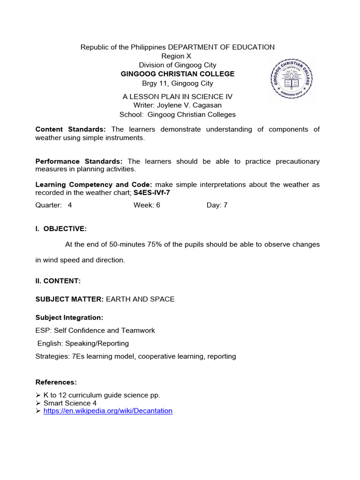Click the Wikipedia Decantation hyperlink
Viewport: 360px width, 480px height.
pyautogui.click(x=108, y=411)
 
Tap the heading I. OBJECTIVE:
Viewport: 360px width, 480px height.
pyautogui.click(x=61, y=229)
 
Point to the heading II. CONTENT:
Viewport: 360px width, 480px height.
pyautogui.click(x=58, y=281)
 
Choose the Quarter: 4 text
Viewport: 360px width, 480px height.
pyautogui.click(x=54, y=205)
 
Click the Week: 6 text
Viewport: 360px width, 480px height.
pyautogui.click(x=147, y=205)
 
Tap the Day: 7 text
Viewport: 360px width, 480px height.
pyautogui.click(x=217, y=205)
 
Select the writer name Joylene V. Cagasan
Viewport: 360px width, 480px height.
pyautogui.click(x=190, y=105)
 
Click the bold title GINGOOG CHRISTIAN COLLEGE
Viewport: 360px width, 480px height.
pyautogui.click(x=178, y=74)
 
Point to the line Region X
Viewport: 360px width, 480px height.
pyautogui.click(x=177, y=56)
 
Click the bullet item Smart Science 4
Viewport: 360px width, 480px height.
pyautogui.click(x=67, y=403)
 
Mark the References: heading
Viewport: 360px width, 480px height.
pyautogui.click(x=56, y=382)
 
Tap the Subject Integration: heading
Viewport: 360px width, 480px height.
pyautogui.click(x=69, y=318)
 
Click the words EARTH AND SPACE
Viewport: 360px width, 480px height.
pyautogui.click(x=140, y=299)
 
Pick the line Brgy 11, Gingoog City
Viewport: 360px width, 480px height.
pyautogui.click(x=178, y=83)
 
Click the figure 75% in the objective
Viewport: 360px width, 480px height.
pyautogui.click(x=156, y=244)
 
